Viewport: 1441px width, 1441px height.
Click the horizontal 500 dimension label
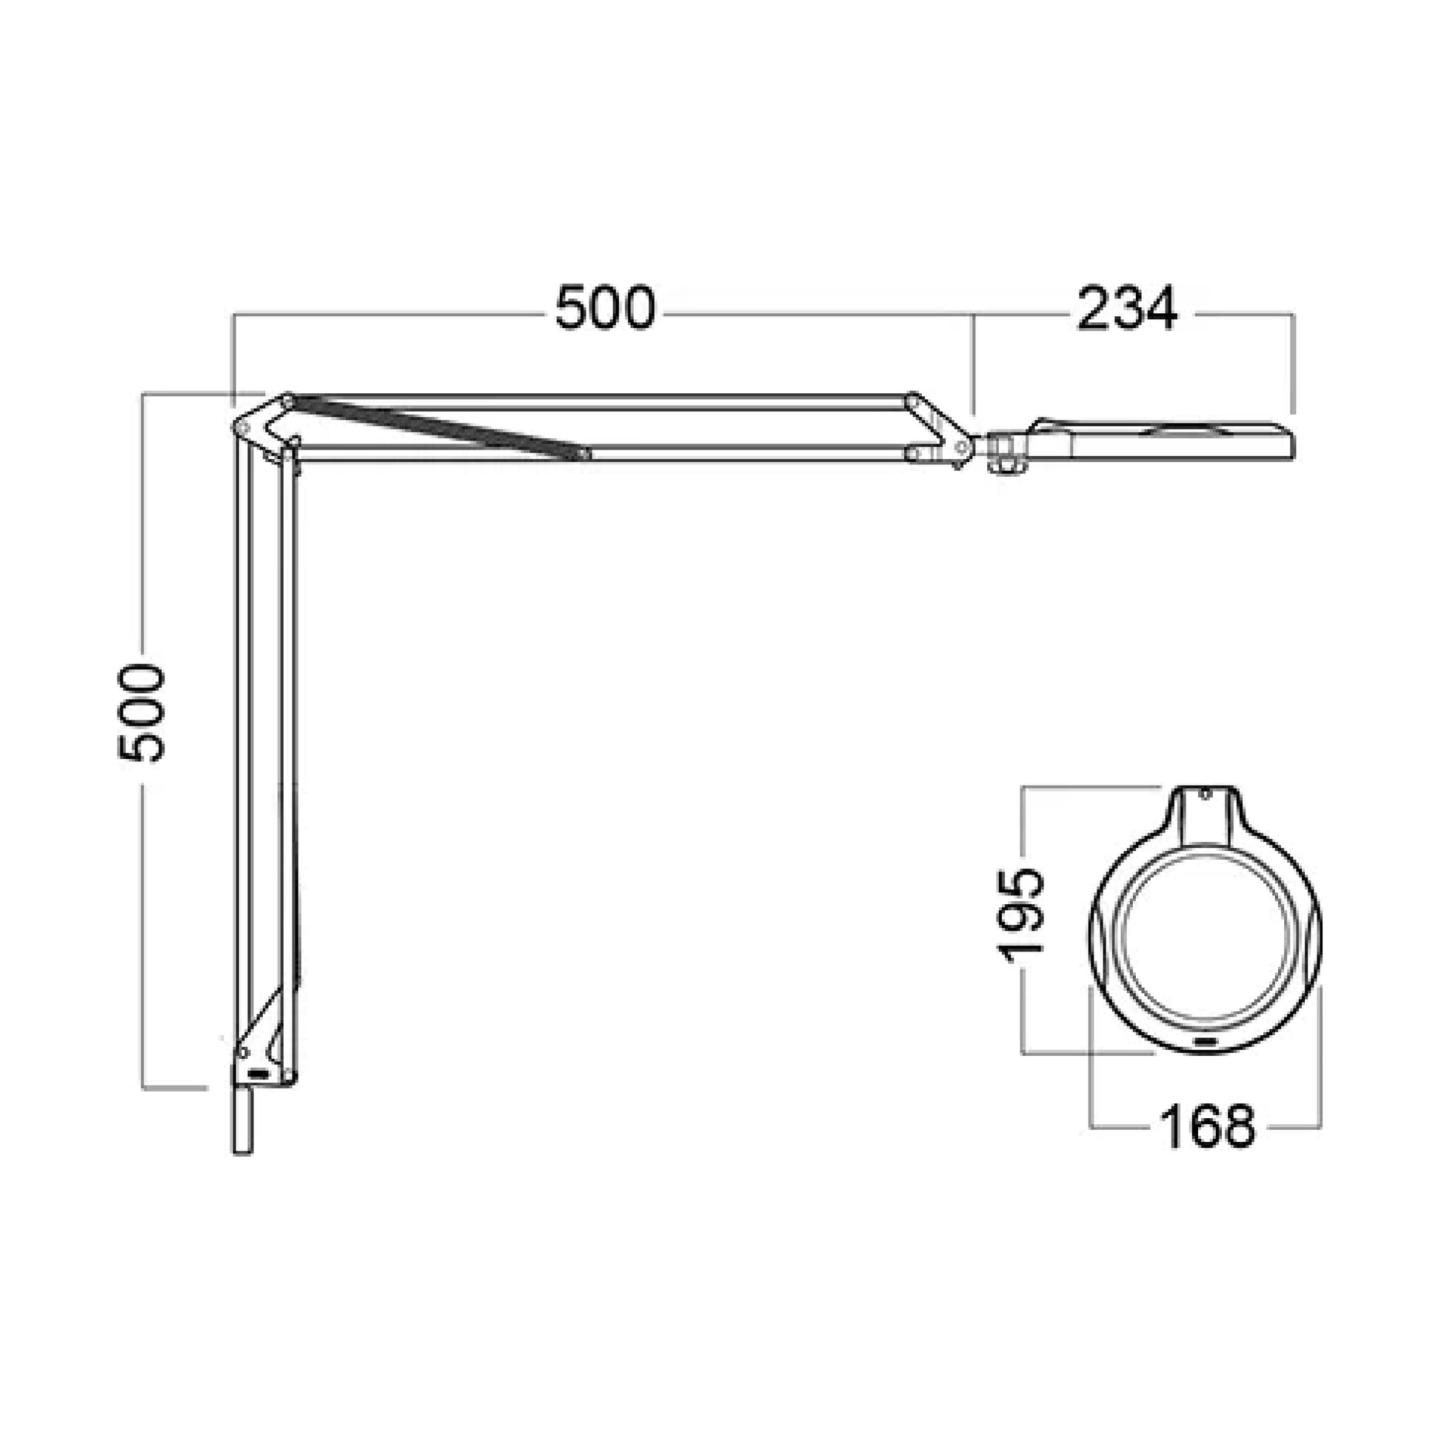pyautogui.click(x=605, y=308)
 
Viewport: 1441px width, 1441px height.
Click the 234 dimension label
pyautogui.click(x=1127, y=308)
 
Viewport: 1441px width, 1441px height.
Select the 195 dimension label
pyautogui.click(x=1020, y=915)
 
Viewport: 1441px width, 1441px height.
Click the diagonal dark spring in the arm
pyautogui.click(x=436, y=428)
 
